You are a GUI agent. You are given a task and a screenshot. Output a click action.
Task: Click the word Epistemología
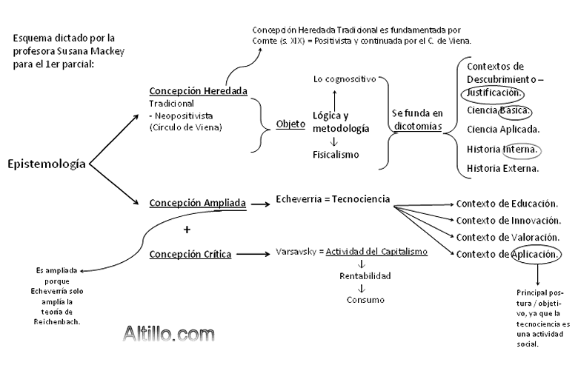coord(45,164)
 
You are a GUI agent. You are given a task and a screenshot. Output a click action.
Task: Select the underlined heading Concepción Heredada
coord(198,91)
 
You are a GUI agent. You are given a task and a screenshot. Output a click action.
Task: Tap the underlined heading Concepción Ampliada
coord(197,201)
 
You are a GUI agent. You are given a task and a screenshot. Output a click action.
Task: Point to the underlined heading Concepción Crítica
coord(190,254)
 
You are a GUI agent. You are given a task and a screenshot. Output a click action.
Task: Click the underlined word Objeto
coord(290,124)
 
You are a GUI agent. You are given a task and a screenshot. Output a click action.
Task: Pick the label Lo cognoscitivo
coord(345,78)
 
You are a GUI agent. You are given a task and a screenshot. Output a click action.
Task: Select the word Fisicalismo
coord(336,154)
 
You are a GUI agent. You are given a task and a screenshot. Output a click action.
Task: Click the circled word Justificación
coord(494,93)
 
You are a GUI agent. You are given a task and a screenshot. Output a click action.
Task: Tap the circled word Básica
coord(514,110)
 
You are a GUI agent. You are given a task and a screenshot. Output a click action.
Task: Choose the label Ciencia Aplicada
coord(503,130)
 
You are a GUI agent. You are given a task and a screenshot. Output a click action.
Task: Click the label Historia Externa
coord(502,169)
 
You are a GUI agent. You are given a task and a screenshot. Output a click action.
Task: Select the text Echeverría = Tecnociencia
coord(332,198)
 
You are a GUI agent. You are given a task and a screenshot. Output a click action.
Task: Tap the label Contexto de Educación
coord(505,204)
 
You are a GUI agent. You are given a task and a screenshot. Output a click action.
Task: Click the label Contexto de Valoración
coord(507,237)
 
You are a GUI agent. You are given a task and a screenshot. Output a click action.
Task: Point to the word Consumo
coord(364,300)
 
